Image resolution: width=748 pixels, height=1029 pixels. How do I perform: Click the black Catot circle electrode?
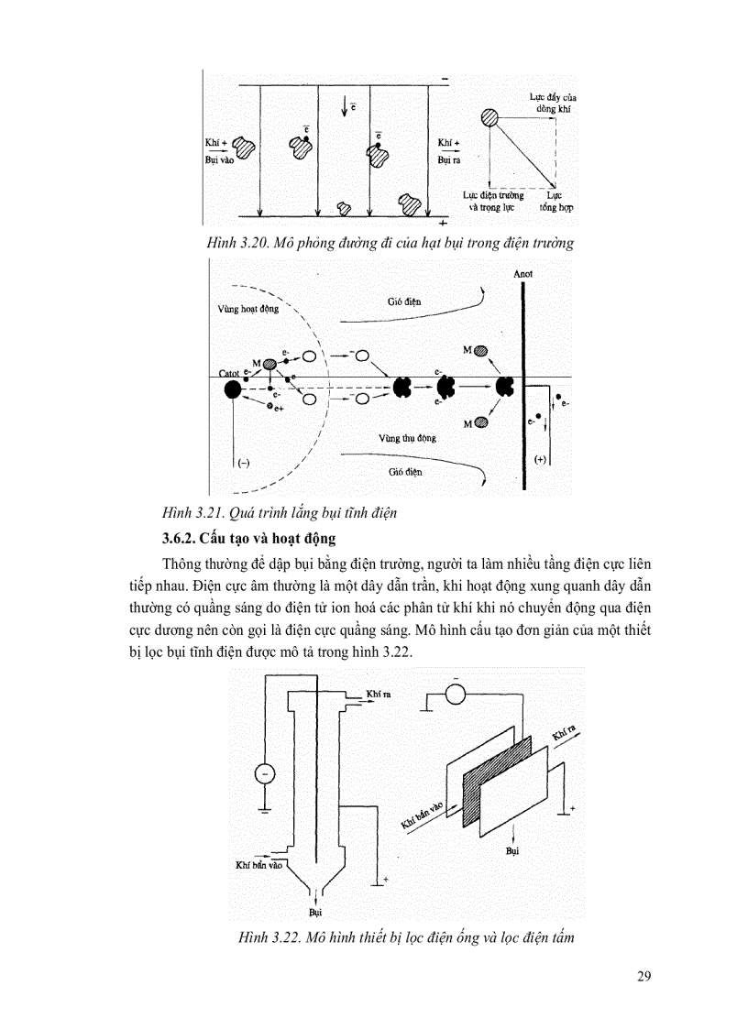coord(233,389)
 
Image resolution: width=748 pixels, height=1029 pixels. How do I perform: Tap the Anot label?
coord(523,273)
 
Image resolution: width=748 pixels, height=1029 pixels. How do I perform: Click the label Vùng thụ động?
coord(407,438)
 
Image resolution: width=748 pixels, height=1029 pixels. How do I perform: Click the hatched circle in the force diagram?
coord(490,117)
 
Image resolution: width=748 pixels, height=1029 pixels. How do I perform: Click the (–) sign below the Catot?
coord(243,463)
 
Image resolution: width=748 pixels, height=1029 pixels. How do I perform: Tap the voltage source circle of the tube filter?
coord(264,774)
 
